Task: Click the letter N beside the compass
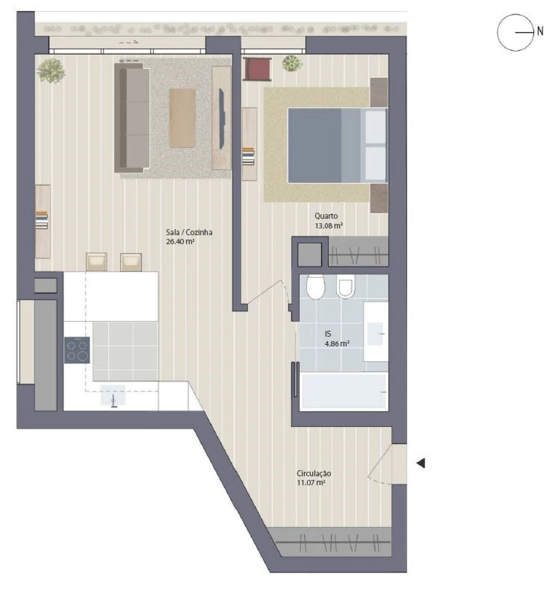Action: [540, 31]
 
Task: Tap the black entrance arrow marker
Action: [421, 463]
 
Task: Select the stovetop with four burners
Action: [77, 350]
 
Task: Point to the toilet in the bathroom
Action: [316, 286]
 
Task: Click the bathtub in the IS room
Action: [344, 391]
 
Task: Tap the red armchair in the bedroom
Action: [257, 69]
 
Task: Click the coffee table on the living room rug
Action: [182, 118]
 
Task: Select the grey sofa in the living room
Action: [132, 117]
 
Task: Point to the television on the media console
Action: [222, 119]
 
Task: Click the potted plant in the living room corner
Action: [51, 71]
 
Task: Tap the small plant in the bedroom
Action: [292, 63]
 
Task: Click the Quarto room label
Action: [326, 216]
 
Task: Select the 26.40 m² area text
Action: [180, 241]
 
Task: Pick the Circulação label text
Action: [314, 473]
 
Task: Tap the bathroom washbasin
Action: [376, 332]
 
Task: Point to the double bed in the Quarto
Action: [338, 145]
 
